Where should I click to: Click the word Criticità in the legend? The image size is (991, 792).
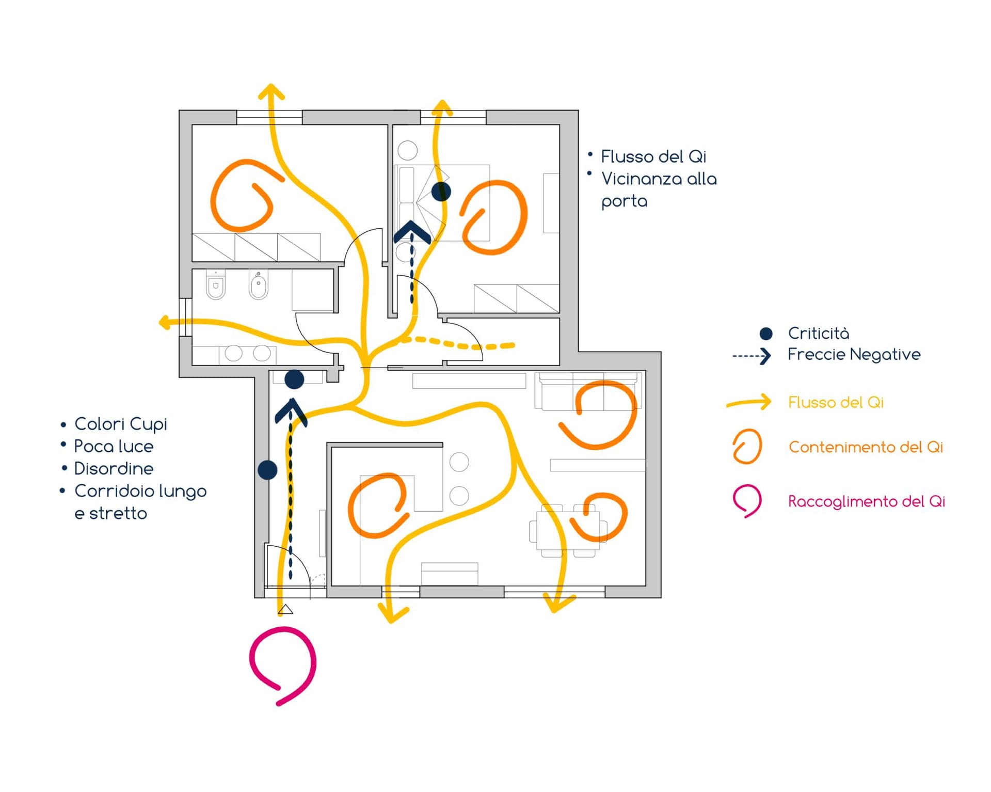pyautogui.click(x=818, y=334)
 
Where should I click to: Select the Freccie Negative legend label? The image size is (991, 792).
pyautogui.click(x=854, y=355)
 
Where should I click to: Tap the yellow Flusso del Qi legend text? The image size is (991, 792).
pyautogui.click(x=836, y=402)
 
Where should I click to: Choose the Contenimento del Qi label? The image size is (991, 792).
pyautogui.click(x=866, y=447)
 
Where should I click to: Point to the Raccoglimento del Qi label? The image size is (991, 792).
pyautogui.click(x=866, y=501)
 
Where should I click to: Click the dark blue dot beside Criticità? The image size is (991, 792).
pyautogui.click(x=766, y=334)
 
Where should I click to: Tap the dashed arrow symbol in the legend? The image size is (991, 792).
pyautogui.click(x=752, y=356)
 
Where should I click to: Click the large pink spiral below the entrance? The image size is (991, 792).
pyautogui.click(x=283, y=663)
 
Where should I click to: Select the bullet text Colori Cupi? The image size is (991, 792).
pyautogui.click(x=121, y=424)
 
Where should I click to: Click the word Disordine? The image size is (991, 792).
pyautogui.click(x=114, y=469)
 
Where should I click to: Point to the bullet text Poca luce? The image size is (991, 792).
pyautogui.click(x=114, y=447)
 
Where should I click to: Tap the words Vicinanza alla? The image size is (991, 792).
pyautogui.click(x=659, y=179)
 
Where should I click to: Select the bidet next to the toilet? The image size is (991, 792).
pyautogui.click(x=259, y=286)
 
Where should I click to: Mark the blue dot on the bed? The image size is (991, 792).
pyautogui.click(x=441, y=192)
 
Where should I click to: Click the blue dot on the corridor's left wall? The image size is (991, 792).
pyautogui.click(x=267, y=470)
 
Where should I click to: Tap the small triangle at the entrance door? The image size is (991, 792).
pyautogui.click(x=285, y=610)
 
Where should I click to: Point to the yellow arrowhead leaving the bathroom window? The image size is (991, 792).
pyautogui.click(x=164, y=323)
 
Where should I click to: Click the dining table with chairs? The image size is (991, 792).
pyautogui.click(x=568, y=531)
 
